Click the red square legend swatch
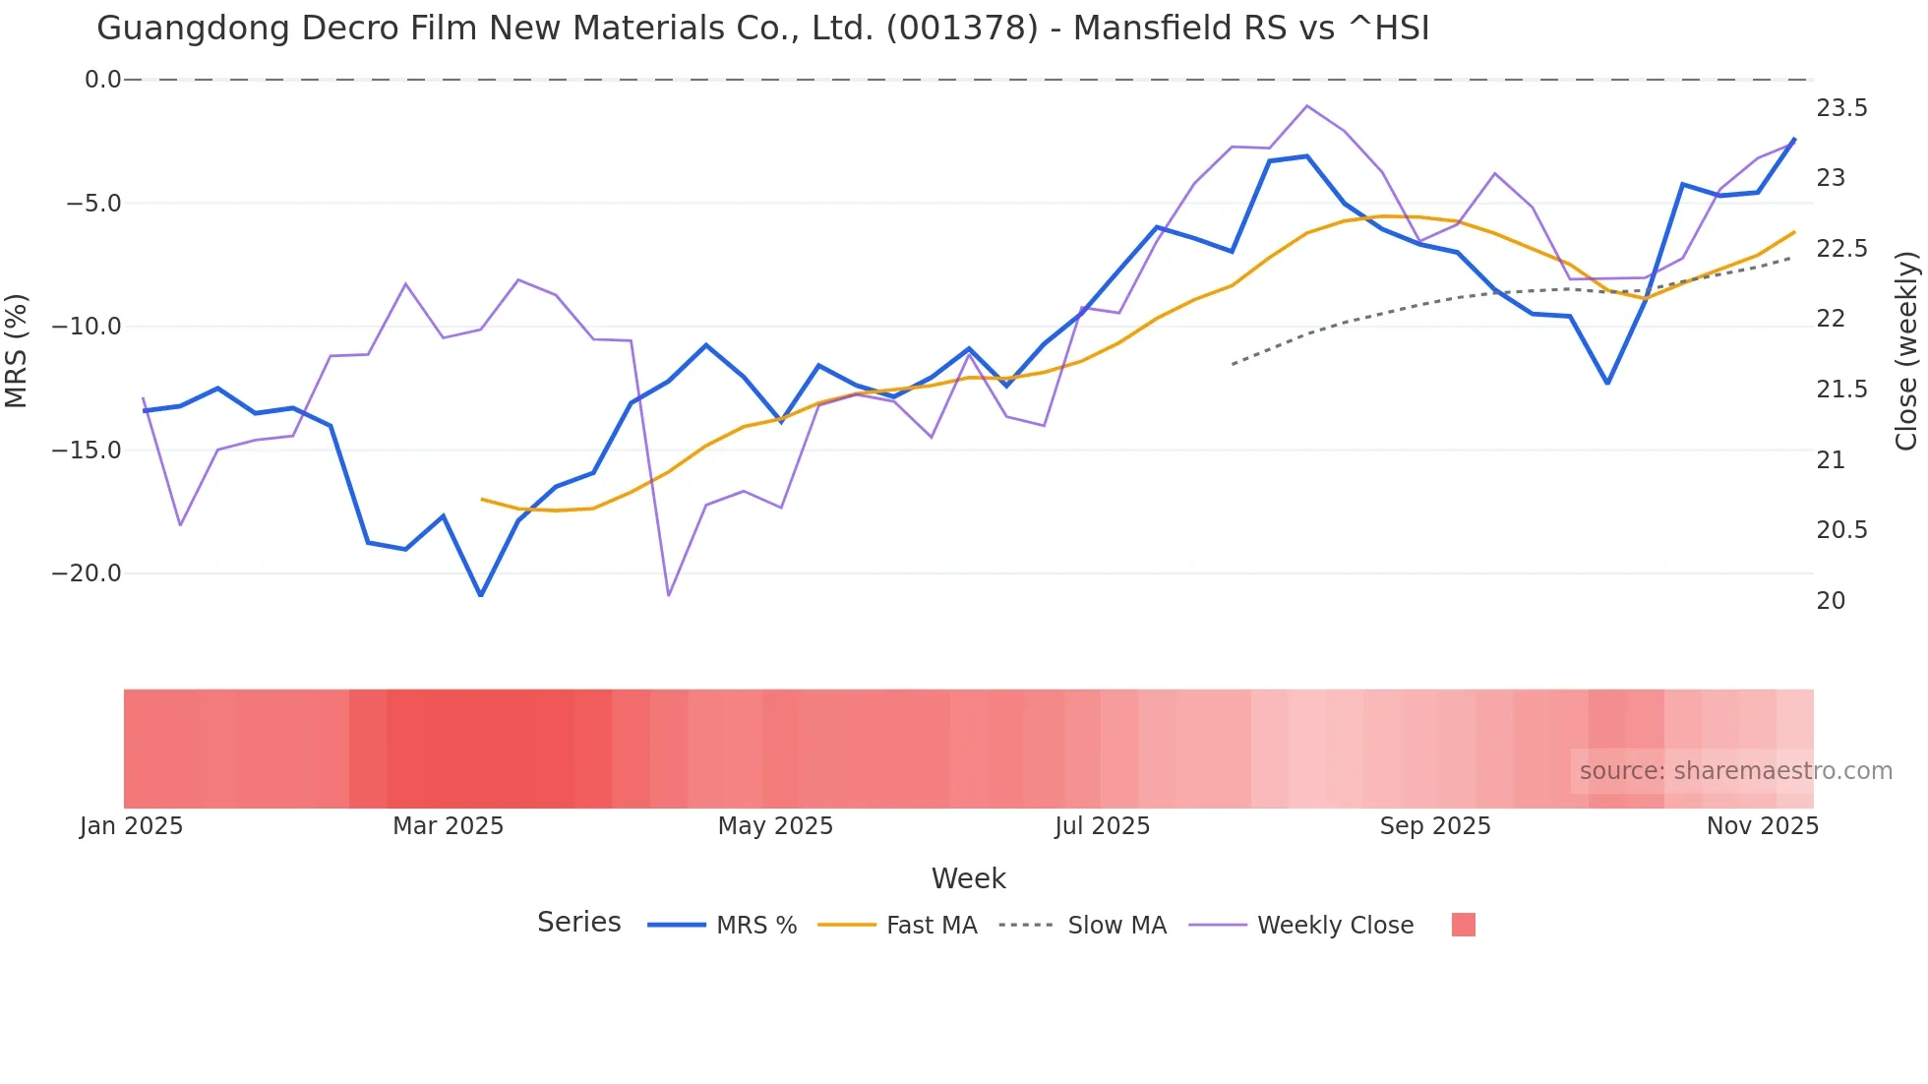pyautogui.click(x=1463, y=925)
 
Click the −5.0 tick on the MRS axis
pyautogui.click(x=93, y=204)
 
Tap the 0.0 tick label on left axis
pyautogui.click(x=102, y=80)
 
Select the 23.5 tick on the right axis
pyautogui.click(x=1841, y=108)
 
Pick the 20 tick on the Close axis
pyautogui.click(x=1831, y=601)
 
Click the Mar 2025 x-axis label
pyautogui.click(x=448, y=826)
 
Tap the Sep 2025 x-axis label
pyautogui.click(x=1435, y=826)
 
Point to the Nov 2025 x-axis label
pyautogui.click(x=1762, y=826)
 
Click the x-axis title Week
pyautogui.click(x=968, y=878)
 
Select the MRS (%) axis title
pyautogui.click(x=16, y=350)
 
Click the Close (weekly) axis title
pyautogui.click(x=1906, y=350)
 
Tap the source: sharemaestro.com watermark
pyautogui.click(x=1735, y=771)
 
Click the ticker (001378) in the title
pyautogui.click(x=961, y=29)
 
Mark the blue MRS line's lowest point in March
pyautogui.click(x=481, y=595)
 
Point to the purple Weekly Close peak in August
pyautogui.click(x=1306, y=105)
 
